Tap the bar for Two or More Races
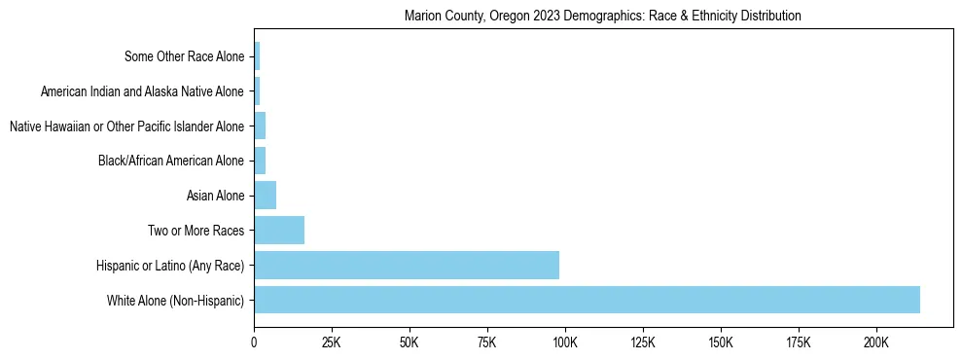[x=279, y=231]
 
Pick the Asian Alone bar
[x=266, y=196]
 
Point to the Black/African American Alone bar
[x=260, y=161]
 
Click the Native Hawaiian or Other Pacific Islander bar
[x=260, y=126]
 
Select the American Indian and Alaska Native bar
[x=257, y=91]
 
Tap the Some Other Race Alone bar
[x=257, y=56]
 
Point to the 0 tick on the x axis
[x=254, y=342]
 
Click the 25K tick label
[x=332, y=342]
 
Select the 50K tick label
[x=410, y=342]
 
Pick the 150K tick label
[x=721, y=342]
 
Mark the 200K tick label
[x=876, y=342]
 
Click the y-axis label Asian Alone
[x=215, y=196]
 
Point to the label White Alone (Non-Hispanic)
[x=176, y=300]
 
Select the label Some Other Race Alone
[x=185, y=56]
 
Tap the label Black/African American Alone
[x=171, y=161]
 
